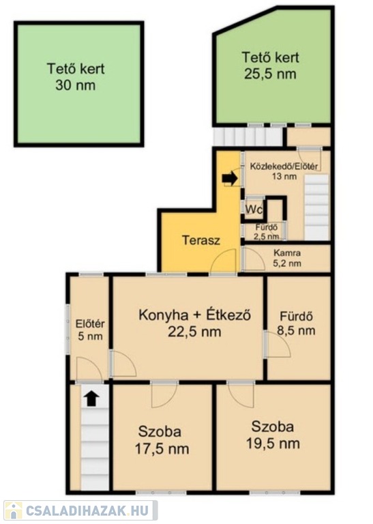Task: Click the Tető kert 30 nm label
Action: coord(76,77)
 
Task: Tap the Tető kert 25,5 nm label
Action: coord(270,65)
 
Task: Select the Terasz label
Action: coord(201,240)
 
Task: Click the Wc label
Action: coord(254,209)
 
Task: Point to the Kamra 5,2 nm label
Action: coord(287,259)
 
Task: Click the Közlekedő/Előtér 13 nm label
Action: coord(284,171)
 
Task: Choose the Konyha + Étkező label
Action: coord(194,315)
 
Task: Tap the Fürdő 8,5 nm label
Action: coord(296,323)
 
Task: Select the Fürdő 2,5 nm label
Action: coord(267,232)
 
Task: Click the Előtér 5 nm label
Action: coord(90,330)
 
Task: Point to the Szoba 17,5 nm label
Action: coord(162,440)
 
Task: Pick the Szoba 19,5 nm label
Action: coord(273,435)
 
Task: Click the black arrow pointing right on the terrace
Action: coord(230,179)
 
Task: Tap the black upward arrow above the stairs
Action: coord(91,399)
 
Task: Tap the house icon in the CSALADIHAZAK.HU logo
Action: coord(14,511)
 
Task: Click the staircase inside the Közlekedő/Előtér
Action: coord(317,207)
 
